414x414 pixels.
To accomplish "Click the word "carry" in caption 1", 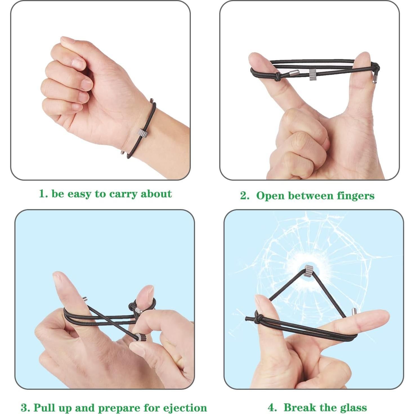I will point(123,194).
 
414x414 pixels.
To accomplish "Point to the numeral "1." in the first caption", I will point(43,194).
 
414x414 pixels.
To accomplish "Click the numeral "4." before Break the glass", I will point(272,408).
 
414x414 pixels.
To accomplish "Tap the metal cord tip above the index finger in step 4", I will point(354,312).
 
